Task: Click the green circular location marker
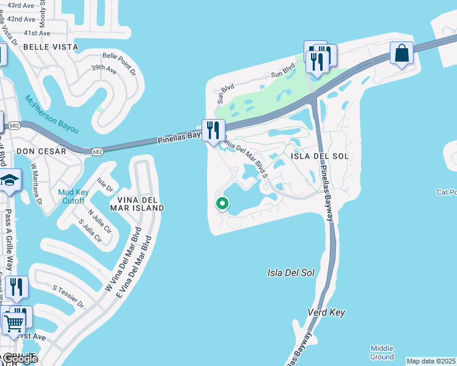[222, 204]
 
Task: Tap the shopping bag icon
[402, 54]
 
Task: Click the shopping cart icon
[13, 321]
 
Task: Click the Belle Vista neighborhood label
[51, 47]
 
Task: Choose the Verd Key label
[326, 312]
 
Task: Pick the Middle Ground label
[382, 352]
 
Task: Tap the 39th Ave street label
[104, 69]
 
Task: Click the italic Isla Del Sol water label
[291, 273]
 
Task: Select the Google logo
[20, 358]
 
